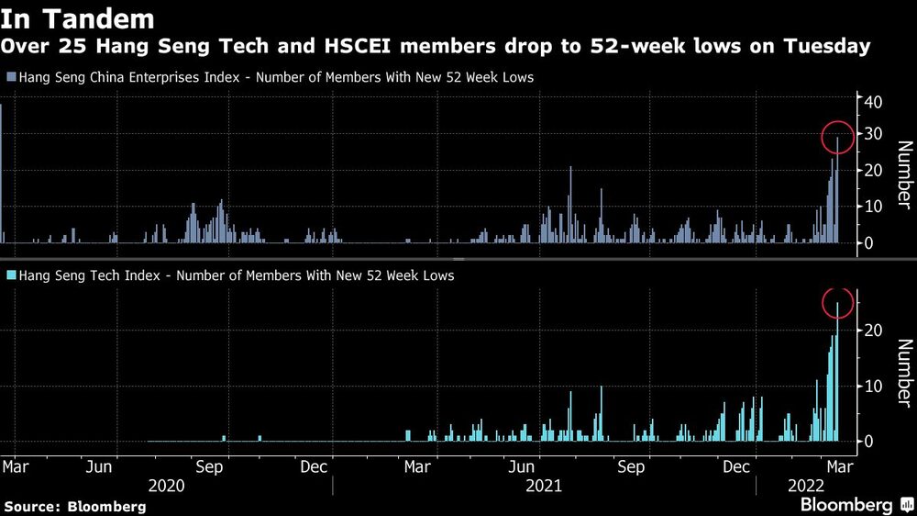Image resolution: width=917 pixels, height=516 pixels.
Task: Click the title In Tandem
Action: [x=77, y=18]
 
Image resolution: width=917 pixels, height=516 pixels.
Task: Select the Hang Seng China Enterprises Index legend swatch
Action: [x=10, y=78]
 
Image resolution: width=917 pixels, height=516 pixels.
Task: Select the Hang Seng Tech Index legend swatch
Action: [x=10, y=275]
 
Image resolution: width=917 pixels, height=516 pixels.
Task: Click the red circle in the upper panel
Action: [x=837, y=138]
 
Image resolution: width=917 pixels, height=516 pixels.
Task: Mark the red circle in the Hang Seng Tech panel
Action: [x=837, y=302]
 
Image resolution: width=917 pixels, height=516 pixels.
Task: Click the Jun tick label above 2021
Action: [x=524, y=466]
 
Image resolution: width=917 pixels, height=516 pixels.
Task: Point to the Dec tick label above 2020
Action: [x=314, y=466]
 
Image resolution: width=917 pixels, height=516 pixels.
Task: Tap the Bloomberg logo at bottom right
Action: [x=853, y=505]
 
